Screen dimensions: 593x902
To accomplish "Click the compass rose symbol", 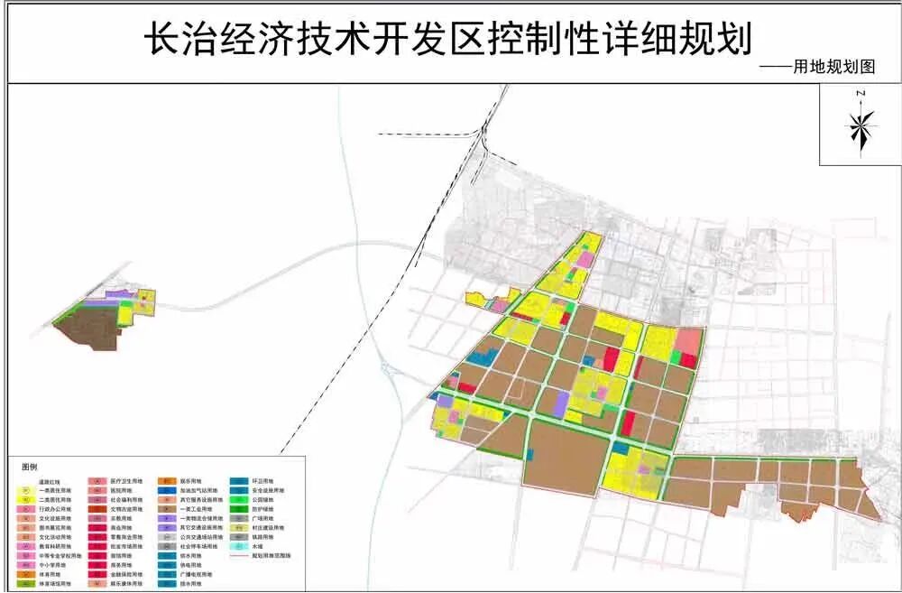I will pos(861,127).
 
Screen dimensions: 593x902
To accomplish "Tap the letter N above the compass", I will pos(861,94).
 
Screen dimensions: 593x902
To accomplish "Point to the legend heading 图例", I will pos(30,468).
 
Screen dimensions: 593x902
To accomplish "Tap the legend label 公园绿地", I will pos(262,499).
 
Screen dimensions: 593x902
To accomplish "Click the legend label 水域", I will pos(258,547).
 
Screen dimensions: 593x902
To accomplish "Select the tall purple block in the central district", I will pos(561,404).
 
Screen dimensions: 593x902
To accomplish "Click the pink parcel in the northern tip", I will pos(584,260).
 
